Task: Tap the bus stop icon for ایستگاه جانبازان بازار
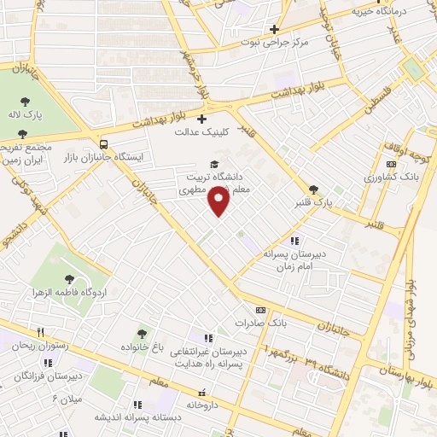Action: click(x=103, y=144)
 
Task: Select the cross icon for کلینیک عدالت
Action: click(x=201, y=119)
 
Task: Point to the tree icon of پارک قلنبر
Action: click(x=313, y=189)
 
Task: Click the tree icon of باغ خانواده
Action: click(x=142, y=334)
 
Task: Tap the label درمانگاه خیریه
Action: click(x=387, y=13)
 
